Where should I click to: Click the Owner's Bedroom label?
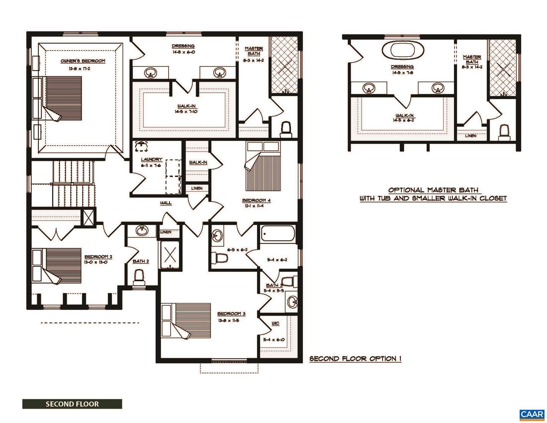click(x=83, y=61)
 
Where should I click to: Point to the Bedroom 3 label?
click(x=231, y=314)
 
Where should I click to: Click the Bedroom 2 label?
click(x=98, y=257)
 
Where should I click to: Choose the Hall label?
click(x=166, y=203)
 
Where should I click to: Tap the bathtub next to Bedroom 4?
click(x=277, y=233)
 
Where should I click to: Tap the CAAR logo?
click(x=532, y=415)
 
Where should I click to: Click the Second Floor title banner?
click(x=72, y=404)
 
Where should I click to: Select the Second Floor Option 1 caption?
click(x=355, y=359)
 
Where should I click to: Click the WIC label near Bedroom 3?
click(x=275, y=323)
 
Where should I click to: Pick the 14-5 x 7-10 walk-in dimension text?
click(x=186, y=112)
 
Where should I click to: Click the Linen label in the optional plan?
click(x=470, y=136)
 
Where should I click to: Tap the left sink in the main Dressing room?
click(x=151, y=72)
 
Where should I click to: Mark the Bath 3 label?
click(x=274, y=285)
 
